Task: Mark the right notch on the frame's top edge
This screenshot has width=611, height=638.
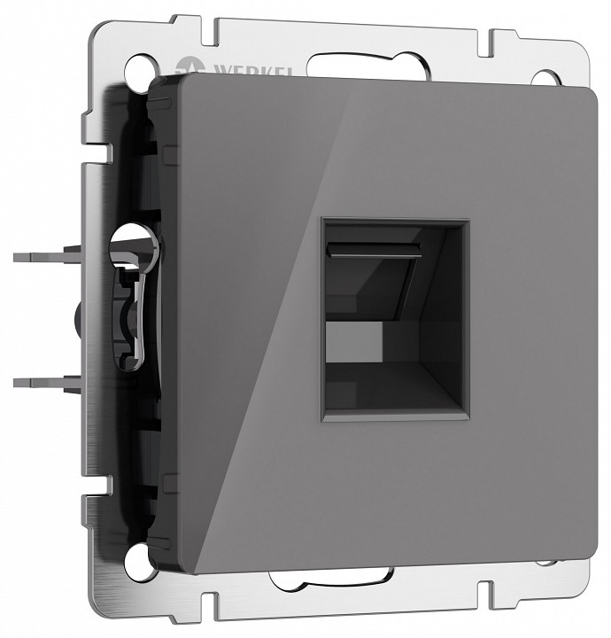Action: (486, 41)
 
